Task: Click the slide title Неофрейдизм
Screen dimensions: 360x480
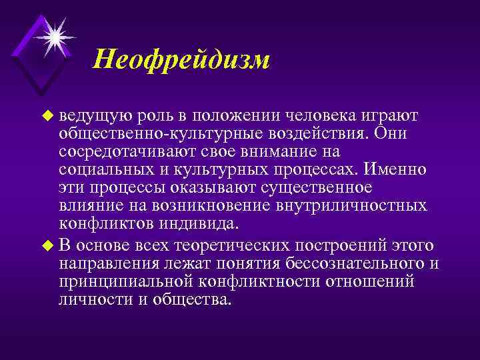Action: pos(181,60)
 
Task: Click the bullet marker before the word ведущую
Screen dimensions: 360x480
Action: pos(46,116)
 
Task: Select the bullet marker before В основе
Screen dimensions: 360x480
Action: pos(46,245)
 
